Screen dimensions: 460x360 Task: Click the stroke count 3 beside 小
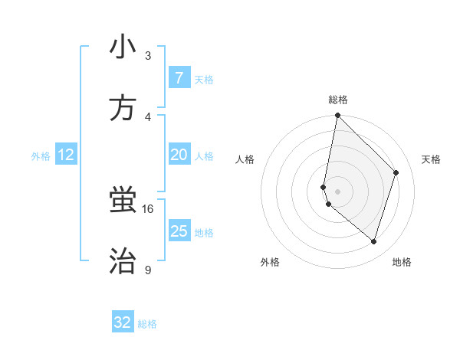[148, 56]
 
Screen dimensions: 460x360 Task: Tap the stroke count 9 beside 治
[147, 270]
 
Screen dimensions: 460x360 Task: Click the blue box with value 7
[179, 78]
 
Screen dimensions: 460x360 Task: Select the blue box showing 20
[179, 155]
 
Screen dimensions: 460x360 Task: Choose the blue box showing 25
[179, 231]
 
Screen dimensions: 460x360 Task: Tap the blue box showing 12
[66, 155]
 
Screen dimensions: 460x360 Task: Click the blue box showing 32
[123, 323]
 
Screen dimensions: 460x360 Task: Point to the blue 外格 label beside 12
[41, 156]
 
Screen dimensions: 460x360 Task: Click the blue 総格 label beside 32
[147, 324]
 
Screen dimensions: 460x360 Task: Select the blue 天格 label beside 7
[204, 80]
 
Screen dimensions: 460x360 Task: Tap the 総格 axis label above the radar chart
[338, 100]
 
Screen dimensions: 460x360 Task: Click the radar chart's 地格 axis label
[402, 262]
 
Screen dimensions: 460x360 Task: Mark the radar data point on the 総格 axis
[337, 116]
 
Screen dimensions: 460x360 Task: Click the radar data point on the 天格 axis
[396, 172]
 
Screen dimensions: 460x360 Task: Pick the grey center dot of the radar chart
[337, 191]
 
